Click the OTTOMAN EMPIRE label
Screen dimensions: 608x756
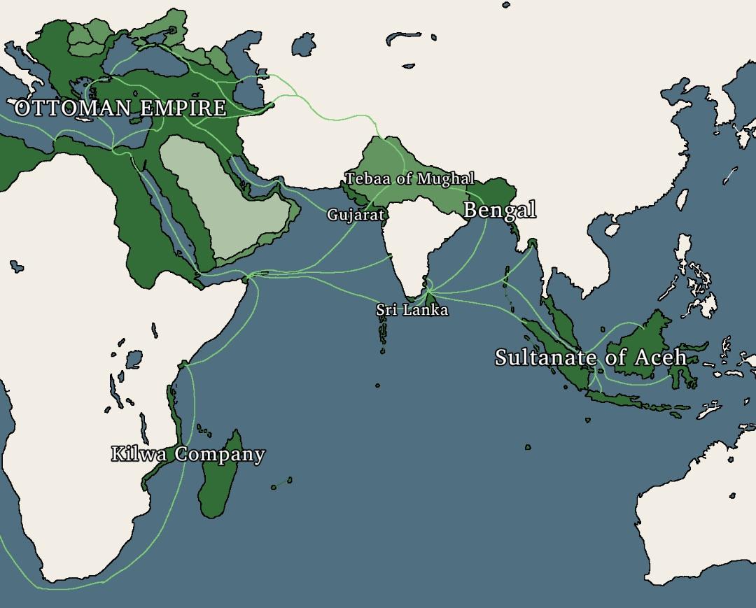pyautogui.click(x=120, y=108)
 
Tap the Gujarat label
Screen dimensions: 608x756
pyautogui.click(x=356, y=215)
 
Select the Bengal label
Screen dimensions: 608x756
pyautogui.click(x=500, y=209)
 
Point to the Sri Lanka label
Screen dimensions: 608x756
pyautogui.click(x=412, y=309)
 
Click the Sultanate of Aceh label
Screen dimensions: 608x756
pyautogui.click(x=591, y=358)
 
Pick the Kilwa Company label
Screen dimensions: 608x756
pyautogui.click(x=188, y=454)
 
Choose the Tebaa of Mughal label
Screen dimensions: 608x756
pyautogui.click(x=410, y=178)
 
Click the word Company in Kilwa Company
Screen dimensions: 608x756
pyautogui.click(x=220, y=455)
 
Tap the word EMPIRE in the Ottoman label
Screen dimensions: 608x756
pyautogui.click(x=183, y=108)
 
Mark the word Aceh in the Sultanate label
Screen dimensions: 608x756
pyautogui.click(x=661, y=358)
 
